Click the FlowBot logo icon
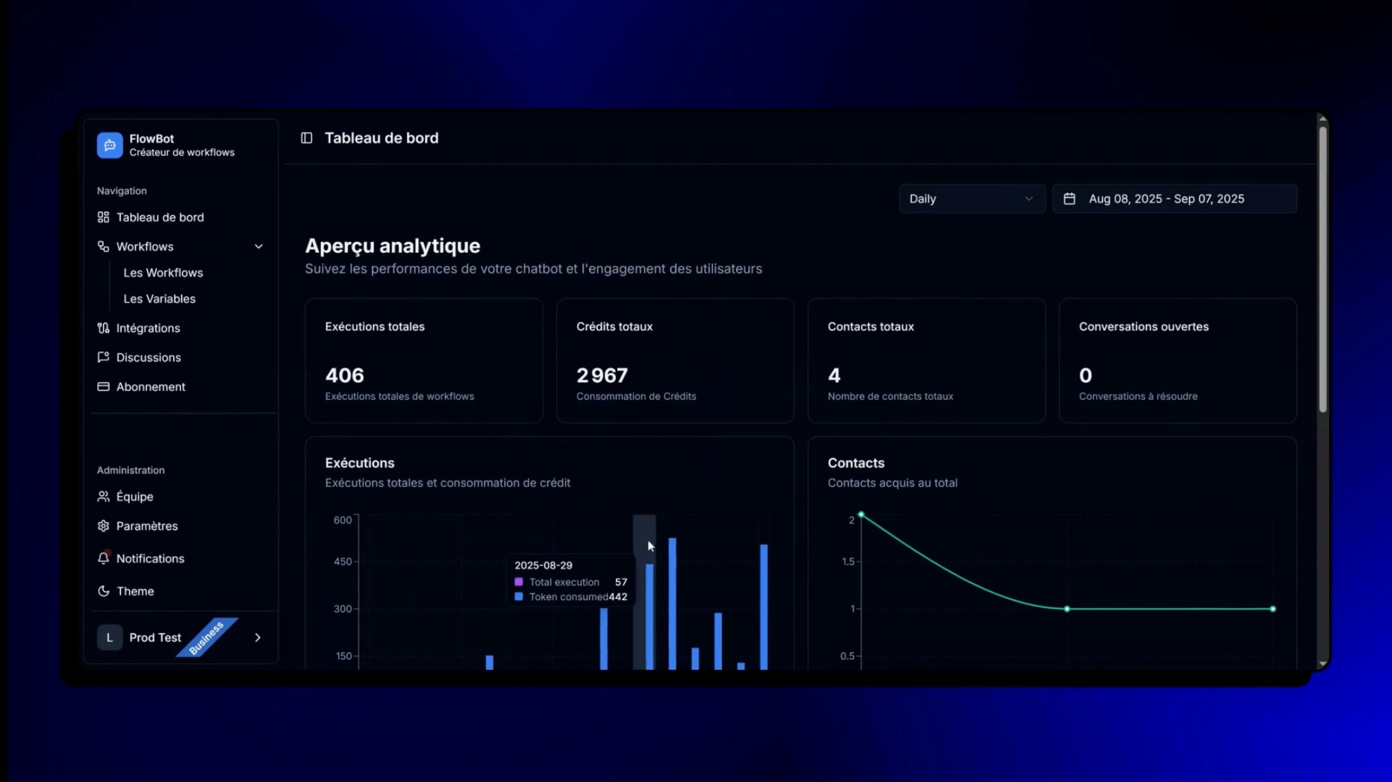pyautogui.click(x=110, y=145)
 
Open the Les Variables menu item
pyautogui.click(x=159, y=299)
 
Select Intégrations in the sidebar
pyautogui.click(x=148, y=328)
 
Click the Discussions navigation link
pyautogui.click(x=148, y=358)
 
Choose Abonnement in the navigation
pyautogui.click(x=150, y=387)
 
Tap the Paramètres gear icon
pyautogui.click(x=103, y=526)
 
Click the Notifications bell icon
pyautogui.click(x=103, y=558)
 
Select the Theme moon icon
pyautogui.click(x=103, y=591)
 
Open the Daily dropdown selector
pyautogui.click(x=971, y=199)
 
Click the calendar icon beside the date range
pyautogui.click(x=1069, y=199)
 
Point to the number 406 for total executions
pyautogui.click(x=344, y=376)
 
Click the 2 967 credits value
pyautogui.click(x=602, y=376)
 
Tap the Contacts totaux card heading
pyautogui.click(x=871, y=327)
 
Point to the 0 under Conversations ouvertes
pyautogui.click(x=1085, y=376)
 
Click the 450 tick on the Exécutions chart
pyautogui.click(x=342, y=561)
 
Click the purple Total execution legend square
pyautogui.click(x=518, y=582)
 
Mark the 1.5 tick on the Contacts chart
pyautogui.click(x=848, y=561)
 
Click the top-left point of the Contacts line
pyautogui.click(x=861, y=515)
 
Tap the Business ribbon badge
pyautogui.click(x=207, y=638)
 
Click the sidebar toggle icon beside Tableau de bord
pyautogui.click(x=306, y=138)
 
